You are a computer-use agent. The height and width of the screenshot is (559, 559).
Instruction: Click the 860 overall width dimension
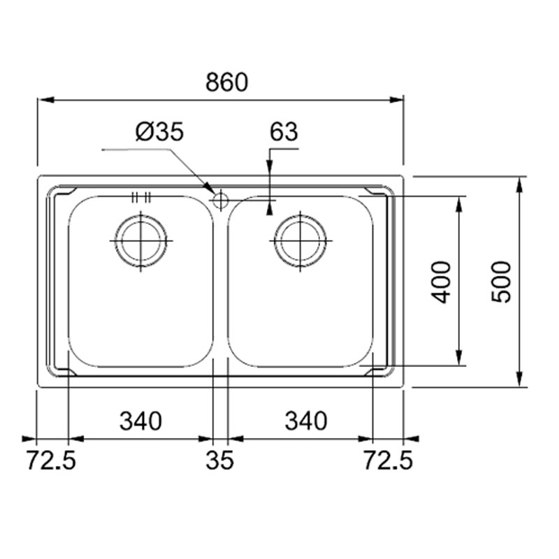[x=226, y=82]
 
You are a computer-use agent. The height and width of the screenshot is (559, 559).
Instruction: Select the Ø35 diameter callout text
[x=160, y=131]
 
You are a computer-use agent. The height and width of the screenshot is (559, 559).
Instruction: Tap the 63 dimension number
[x=284, y=131]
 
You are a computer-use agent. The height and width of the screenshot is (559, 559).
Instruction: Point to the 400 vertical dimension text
[x=442, y=282]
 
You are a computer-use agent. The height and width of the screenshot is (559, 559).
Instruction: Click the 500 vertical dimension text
[x=501, y=282]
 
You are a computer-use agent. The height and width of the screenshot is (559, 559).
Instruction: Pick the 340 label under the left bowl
[x=140, y=421]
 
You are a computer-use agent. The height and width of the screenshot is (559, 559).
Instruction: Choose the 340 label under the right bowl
[x=306, y=421]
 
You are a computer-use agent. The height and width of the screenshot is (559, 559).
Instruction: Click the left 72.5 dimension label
[x=51, y=460]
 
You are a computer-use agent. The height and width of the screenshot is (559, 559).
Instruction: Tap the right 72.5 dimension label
[x=388, y=460]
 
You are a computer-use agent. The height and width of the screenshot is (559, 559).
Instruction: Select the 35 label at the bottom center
[x=219, y=460]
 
